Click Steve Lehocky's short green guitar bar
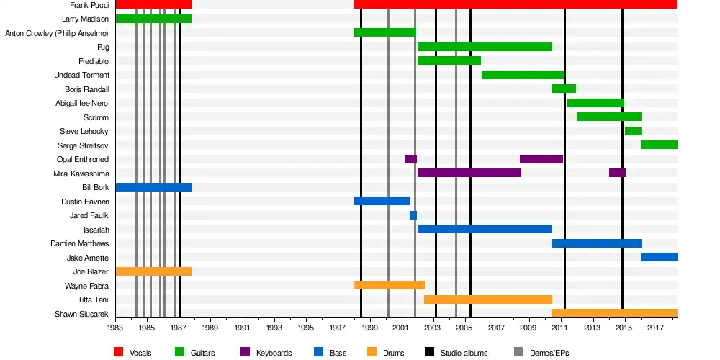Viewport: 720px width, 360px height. [x=633, y=131]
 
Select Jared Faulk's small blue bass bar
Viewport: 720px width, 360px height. [x=413, y=215]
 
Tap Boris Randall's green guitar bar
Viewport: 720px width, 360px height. [x=564, y=89]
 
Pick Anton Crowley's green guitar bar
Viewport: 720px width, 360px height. [x=384, y=32]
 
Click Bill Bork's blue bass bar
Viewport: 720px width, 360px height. [x=153, y=187]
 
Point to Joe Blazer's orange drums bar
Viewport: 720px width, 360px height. [x=153, y=271]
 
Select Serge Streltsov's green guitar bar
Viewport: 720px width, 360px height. [x=659, y=145]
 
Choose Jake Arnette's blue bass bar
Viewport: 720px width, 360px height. [x=659, y=257]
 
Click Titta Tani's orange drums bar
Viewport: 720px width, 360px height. [x=488, y=300]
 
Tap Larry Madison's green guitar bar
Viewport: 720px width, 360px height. [x=153, y=19]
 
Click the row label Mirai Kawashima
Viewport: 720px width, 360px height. [x=81, y=174]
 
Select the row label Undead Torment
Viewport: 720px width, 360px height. [x=81, y=75]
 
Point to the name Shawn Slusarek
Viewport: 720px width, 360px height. [x=82, y=314]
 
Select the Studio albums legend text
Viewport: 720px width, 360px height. [x=464, y=353]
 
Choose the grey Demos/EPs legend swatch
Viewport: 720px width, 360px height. [x=518, y=352]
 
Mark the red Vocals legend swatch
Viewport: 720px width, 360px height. [x=119, y=352]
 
